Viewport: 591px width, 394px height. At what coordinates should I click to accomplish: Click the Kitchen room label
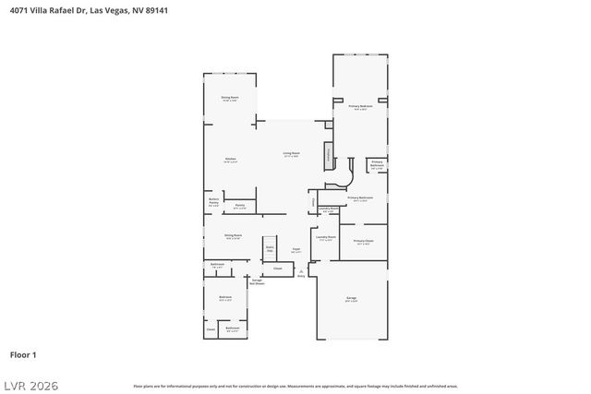231,160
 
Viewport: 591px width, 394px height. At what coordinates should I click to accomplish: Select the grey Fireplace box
326,156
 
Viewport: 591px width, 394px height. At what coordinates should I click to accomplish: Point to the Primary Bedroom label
360,107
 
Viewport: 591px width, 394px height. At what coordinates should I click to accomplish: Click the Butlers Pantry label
213,203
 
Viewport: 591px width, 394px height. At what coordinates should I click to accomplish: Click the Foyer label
297,249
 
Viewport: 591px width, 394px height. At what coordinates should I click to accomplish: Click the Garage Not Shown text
257,282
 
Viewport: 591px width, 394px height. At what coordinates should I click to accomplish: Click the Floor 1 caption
23,354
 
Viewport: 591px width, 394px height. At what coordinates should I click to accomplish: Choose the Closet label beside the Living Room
314,202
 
